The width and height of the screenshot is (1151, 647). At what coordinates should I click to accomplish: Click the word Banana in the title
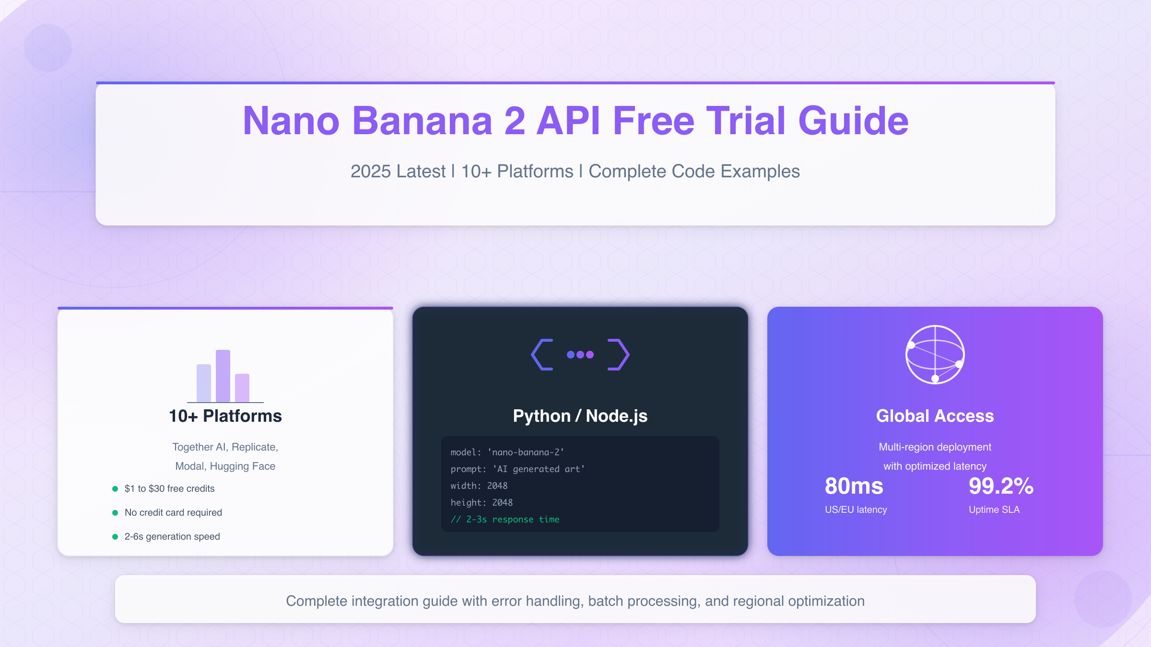pos(422,121)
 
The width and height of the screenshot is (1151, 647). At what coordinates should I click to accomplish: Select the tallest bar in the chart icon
pos(223,376)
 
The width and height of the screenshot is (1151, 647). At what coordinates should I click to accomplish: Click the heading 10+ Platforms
pos(225,416)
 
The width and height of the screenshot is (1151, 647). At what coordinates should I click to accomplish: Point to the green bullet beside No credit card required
pos(115,513)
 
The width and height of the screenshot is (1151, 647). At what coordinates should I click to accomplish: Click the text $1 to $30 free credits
pos(169,489)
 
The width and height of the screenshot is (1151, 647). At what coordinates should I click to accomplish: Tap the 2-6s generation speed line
pos(172,537)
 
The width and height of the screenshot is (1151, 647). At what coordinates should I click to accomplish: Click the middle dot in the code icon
pos(580,355)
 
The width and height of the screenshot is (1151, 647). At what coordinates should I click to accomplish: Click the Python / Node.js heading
pos(580,416)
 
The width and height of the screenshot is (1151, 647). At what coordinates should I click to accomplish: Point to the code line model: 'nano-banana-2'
pos(507,452)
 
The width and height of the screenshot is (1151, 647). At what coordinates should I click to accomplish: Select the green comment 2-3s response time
pos(505,520)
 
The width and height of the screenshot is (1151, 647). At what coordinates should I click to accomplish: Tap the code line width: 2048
pos(479,486)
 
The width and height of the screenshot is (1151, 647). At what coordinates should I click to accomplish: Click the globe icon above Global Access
pos(935,355)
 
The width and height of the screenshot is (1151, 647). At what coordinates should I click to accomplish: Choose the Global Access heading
pos(935,416)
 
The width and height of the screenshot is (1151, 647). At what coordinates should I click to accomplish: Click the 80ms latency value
pos(854,486)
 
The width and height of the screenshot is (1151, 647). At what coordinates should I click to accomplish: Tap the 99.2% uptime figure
pos(1001,486)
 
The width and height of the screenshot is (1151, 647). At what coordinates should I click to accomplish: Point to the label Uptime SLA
pos(994,510)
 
